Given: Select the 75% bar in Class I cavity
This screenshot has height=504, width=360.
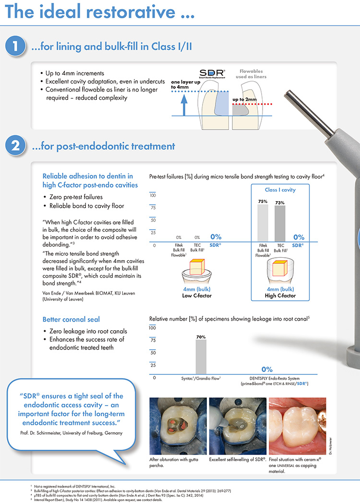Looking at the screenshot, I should pyautogui.click(x=263, y=223).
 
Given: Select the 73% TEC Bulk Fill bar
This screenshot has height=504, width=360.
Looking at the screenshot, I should pyautogui.click(x=280, y=224).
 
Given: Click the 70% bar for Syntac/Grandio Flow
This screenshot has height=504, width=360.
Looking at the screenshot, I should pyautogui.click(x=201, y=356).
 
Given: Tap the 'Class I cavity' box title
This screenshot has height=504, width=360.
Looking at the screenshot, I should pyautogui.click(x=280, y=190).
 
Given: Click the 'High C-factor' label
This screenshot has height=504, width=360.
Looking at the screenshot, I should pyautogui.click(x=280, y=296).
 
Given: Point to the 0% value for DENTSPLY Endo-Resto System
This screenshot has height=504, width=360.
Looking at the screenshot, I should pyautogui.click(x=267, y=369).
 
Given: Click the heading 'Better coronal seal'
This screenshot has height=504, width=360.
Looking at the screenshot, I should pyautogui.click(x=78, y=319).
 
